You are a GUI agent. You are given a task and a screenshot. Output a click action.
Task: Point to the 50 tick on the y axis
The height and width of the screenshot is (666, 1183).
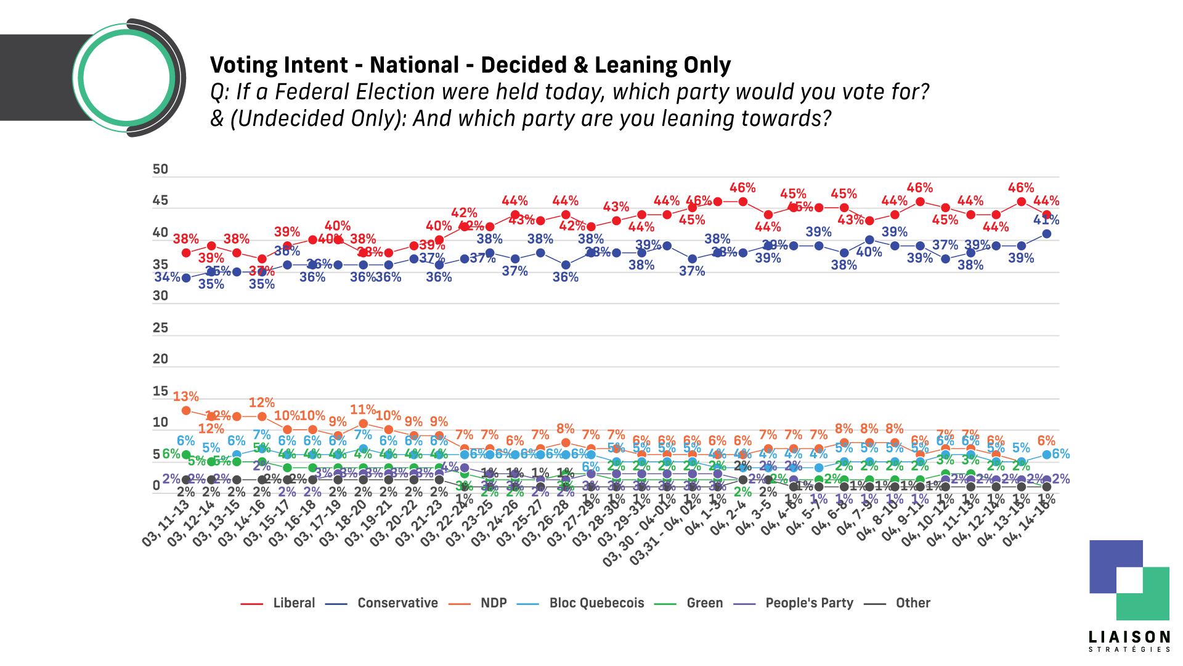[160, 170]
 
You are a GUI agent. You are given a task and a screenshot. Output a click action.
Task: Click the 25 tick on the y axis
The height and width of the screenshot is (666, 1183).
[160, 327]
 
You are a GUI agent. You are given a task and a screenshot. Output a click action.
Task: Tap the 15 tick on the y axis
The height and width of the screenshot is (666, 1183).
[160, 391]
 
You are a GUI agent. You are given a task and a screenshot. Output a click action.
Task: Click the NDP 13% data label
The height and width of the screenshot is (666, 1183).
[185, 397]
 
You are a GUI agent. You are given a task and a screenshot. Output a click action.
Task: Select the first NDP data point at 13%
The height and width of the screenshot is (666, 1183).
[186, 410]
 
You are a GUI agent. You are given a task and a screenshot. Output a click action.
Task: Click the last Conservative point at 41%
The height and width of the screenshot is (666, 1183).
[1046, 234]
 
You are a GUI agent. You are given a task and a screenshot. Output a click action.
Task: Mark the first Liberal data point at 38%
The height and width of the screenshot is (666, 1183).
[186, 253]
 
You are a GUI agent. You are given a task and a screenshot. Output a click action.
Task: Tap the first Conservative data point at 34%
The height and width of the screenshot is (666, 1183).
[186, 278]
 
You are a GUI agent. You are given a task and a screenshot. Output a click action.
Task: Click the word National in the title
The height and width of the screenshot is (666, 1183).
[414, 65]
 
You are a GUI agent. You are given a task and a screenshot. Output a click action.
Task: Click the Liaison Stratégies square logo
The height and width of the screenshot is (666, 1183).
[1129, 580]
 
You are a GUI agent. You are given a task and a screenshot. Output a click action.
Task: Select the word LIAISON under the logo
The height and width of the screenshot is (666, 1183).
[1129, 636]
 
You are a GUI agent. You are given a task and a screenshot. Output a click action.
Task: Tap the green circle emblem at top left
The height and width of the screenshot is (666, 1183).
[126, 78]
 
